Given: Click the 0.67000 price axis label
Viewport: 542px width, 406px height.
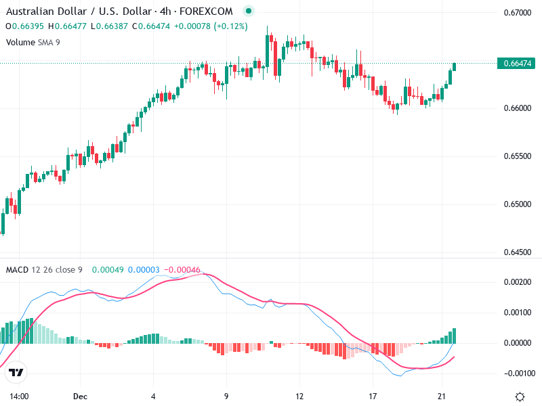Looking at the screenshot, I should [x=518, y=13].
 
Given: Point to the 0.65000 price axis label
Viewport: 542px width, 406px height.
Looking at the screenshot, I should [x=518, y=204].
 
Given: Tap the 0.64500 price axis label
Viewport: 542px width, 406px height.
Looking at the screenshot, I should [x=518, y=252].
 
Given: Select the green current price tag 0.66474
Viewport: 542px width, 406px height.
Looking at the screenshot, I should [x=518, y=63].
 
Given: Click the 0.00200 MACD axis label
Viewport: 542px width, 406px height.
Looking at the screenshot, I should [x=518, y=281].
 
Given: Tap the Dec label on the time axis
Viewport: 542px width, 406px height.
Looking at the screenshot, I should [x=81, y=397].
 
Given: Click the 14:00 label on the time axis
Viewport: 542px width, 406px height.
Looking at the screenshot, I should [x=18, y=397].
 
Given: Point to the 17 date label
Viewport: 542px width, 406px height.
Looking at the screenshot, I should [x=373, y=397].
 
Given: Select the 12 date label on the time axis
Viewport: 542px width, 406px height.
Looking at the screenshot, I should [x=299, y=397].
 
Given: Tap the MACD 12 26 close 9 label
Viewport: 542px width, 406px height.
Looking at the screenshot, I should [x=44, y=270].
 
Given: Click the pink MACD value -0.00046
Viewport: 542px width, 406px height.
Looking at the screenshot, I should [x=182, y=270].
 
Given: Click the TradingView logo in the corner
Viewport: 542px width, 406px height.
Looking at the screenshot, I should [x=16, y=372].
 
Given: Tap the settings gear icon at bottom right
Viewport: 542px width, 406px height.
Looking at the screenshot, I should [x=520, y=397].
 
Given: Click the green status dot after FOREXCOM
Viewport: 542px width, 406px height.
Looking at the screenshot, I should [x=248, y=11].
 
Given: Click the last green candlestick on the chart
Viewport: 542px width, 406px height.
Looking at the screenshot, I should [x=454, y=66].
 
